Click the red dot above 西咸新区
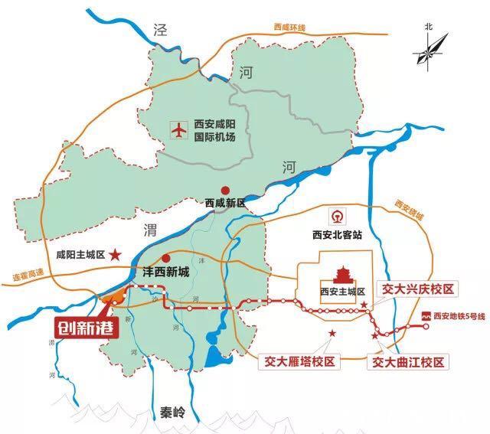(x=225, y=190)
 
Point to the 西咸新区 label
(x=225, y=204)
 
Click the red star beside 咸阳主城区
(x=115, y=254)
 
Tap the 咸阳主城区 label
(x=80, y=255)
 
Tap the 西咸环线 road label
(x=289, y=28)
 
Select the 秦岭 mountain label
(x=173, y=412)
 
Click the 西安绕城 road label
(x=410, y=210)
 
